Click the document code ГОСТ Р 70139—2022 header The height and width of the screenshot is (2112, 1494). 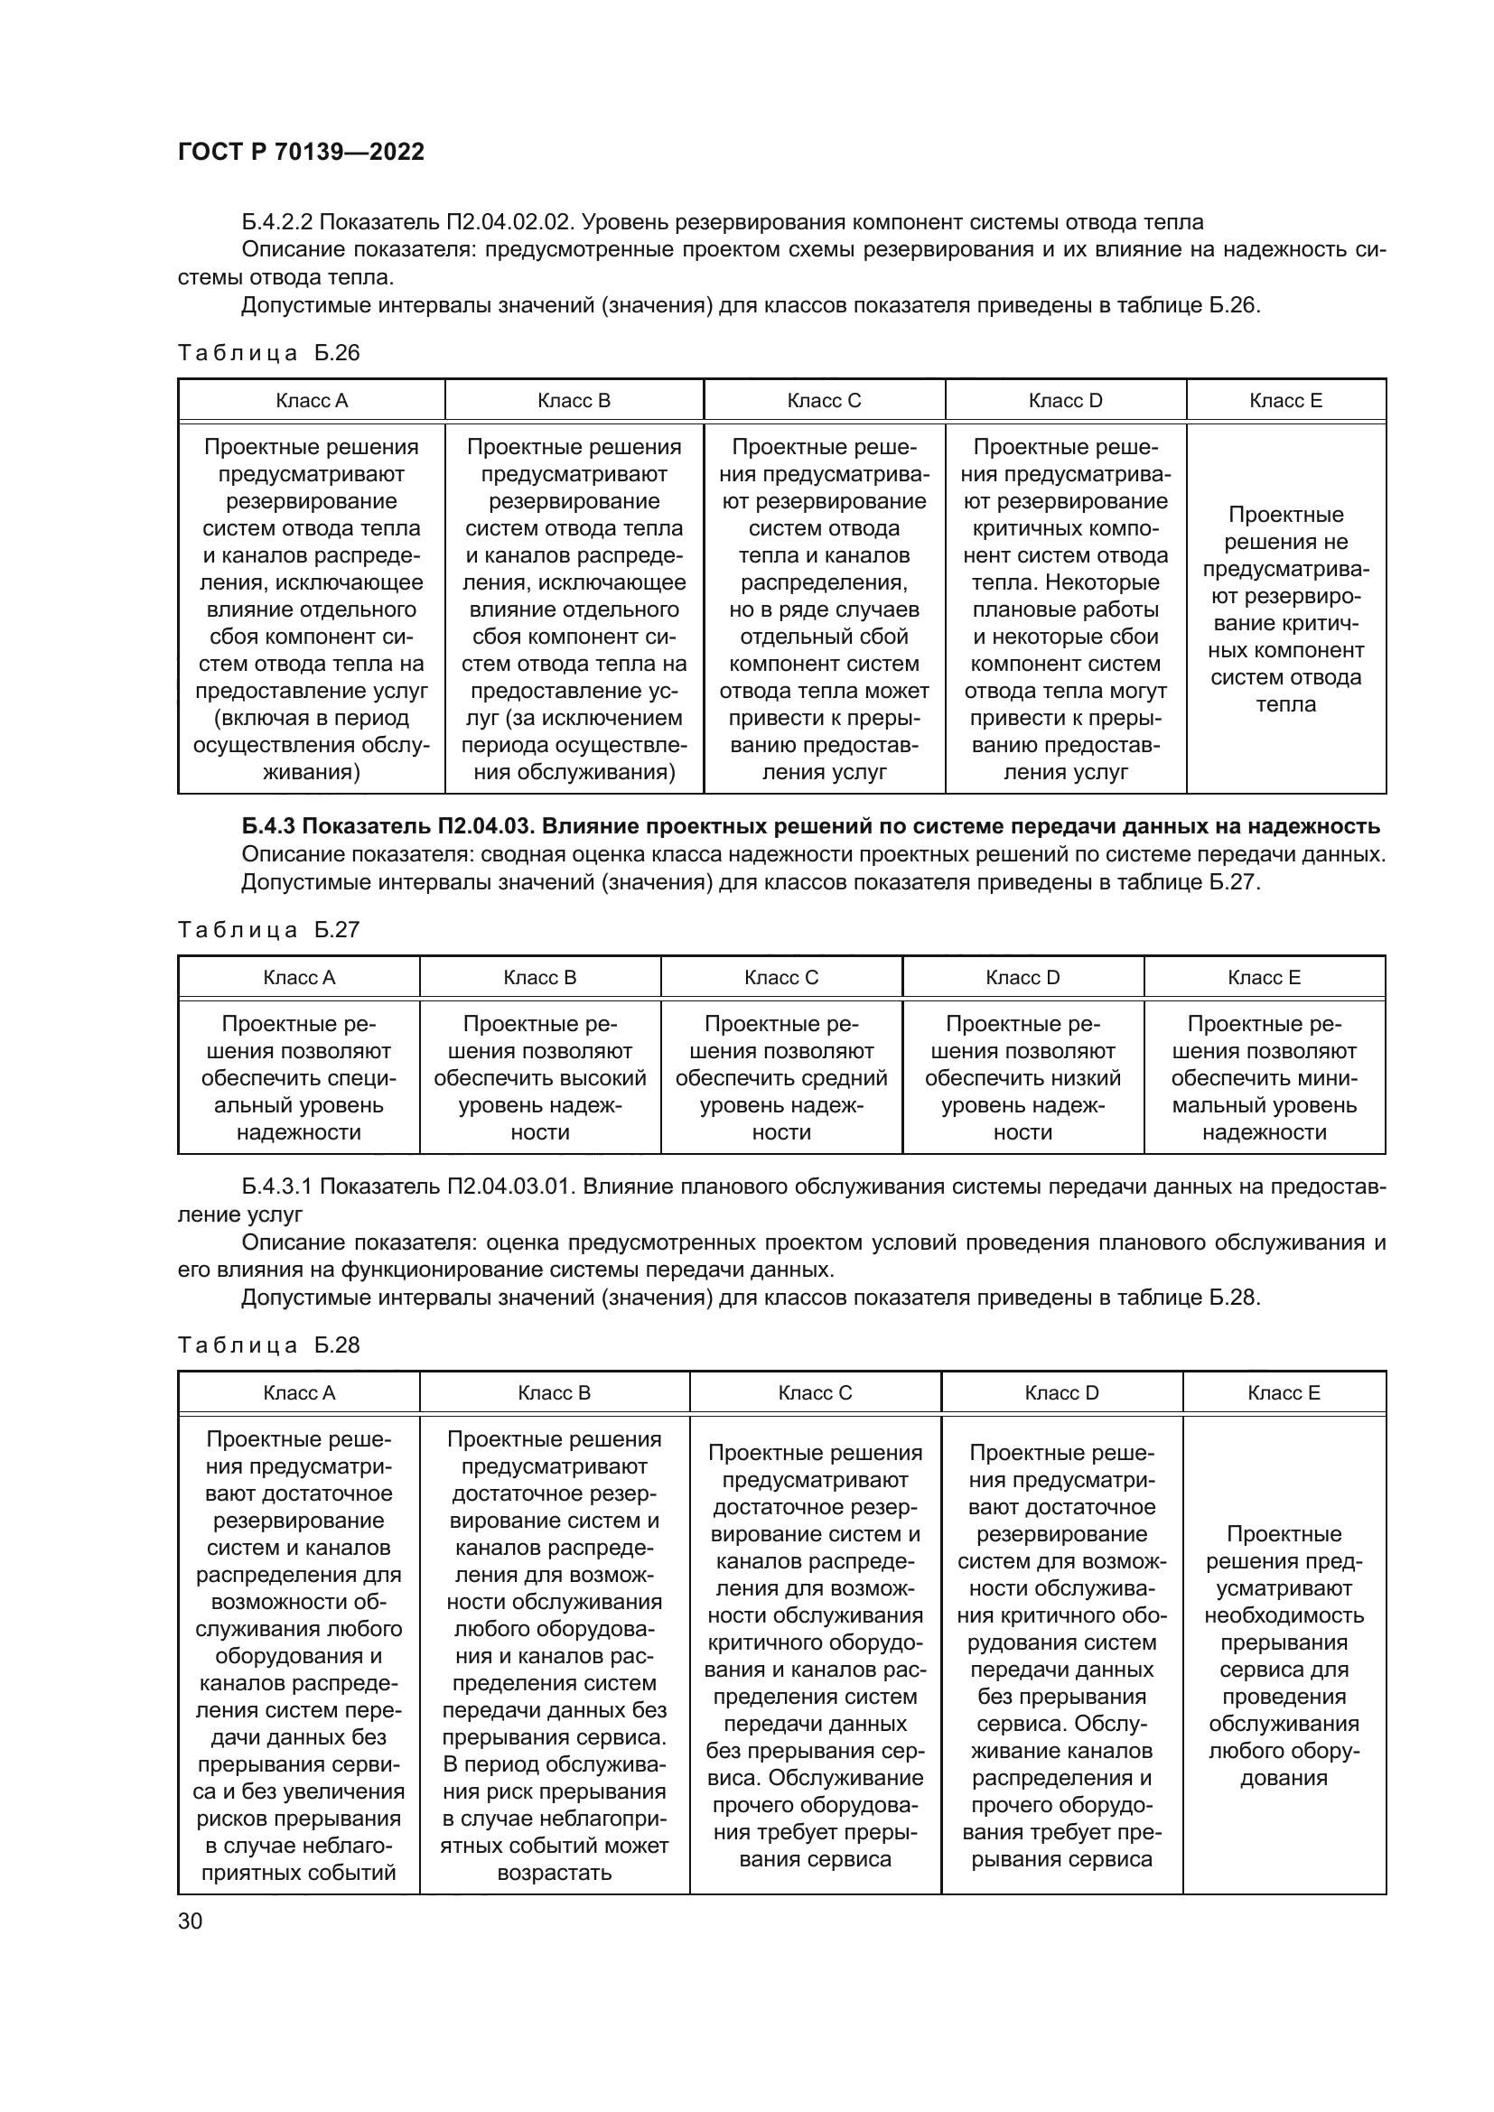point(301,152)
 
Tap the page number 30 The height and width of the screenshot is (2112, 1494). point(190,1921)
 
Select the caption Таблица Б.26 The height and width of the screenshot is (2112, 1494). point(268,353)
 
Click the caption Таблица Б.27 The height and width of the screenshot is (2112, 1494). point(268,930)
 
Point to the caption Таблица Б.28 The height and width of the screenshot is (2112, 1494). point(268,1344)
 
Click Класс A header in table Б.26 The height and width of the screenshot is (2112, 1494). point(312,400)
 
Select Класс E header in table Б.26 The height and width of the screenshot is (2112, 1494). point(1285,400)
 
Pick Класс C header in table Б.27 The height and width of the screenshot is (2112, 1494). point(781,977)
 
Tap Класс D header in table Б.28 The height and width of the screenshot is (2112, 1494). point(1061,1392)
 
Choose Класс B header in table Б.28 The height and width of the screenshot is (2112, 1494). point(554,1392)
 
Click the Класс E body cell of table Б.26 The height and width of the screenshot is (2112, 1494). point(1285,609)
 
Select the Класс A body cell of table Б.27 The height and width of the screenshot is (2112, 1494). point(299,1078)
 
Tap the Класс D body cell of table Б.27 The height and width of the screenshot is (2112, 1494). point(1022,1078)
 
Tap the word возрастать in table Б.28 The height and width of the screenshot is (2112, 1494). point(554,1873)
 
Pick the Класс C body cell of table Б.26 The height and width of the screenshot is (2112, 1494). point(824,609)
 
